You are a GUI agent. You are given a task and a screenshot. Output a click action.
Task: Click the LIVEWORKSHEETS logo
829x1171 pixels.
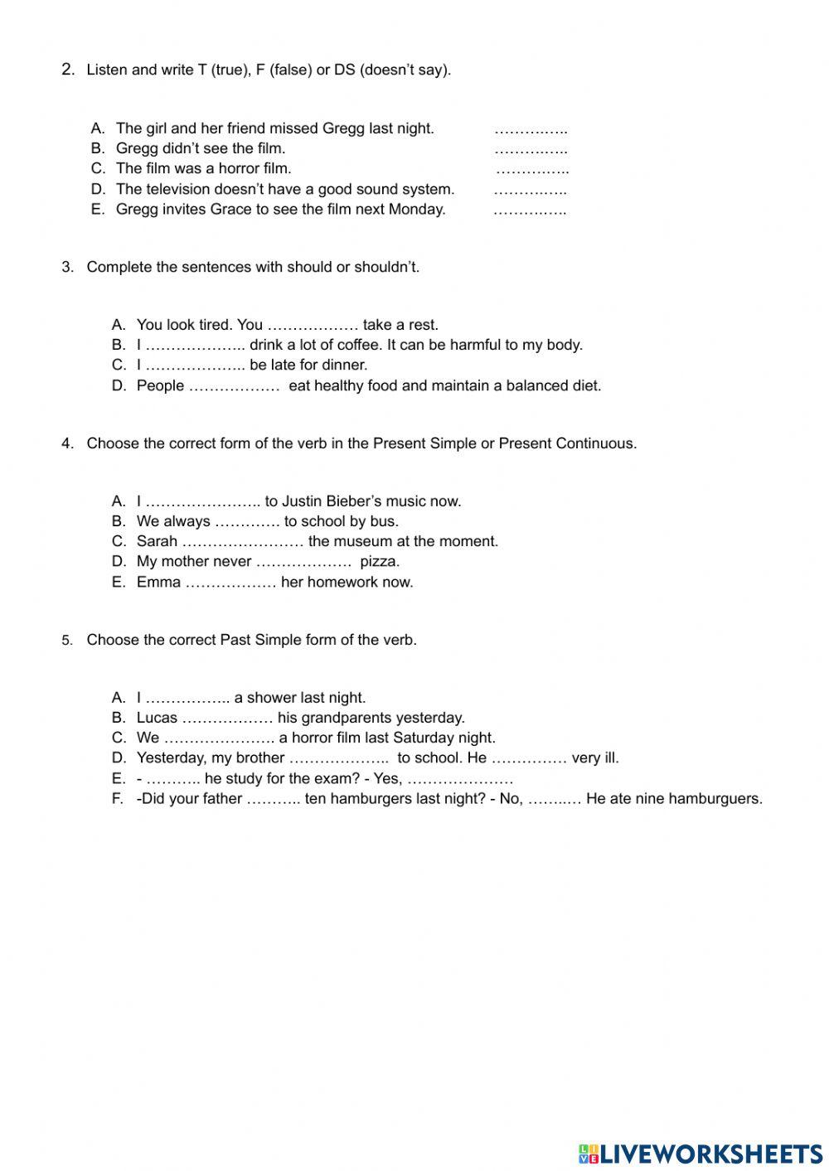pyautogui.click(x=701, y=1153)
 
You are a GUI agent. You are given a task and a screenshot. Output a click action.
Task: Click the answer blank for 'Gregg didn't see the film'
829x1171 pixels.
pyautogui.click(x=531, y=150)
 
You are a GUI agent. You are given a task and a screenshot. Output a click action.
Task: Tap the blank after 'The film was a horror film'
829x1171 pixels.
pyautogui.click(x=531, y=170)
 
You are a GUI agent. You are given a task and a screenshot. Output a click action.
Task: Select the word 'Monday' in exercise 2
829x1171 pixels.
pyautogui.click(x=416, y=209)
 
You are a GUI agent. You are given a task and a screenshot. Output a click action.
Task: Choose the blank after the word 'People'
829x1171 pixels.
pyautogui.click(x=235, y=386)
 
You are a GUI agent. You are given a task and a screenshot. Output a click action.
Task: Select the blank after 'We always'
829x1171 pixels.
pyautogui.click(x=247, y=522)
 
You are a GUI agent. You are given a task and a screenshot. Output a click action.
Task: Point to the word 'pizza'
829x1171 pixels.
pyautogui.click(x=379, y=561)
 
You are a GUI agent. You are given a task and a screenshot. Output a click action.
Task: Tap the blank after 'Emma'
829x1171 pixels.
pyautogui.click(x=230, y=583)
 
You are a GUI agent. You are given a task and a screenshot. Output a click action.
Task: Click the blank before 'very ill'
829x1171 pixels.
pyautogui.click(x=529, y=758)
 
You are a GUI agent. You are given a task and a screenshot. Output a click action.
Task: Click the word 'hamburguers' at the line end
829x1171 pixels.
pyautogui.click(x=715, y=799)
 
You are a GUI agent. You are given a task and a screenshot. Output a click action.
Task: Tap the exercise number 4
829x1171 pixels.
pyautogui.click(x=66, y=443)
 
